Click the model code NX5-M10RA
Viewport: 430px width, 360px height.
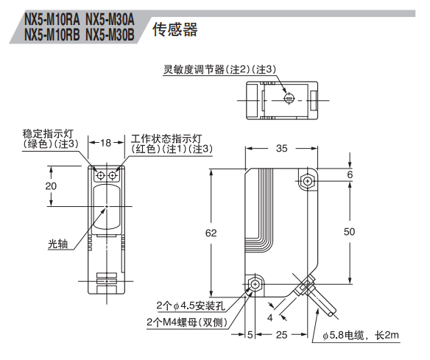pos(52,20)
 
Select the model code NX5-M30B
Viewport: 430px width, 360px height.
pos(110,35)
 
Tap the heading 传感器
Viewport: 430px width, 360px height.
pos(175,29)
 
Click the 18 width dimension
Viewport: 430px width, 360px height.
pos(105,143)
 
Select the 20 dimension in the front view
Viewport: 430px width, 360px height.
pos(51,186)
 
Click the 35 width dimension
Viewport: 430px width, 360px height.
pos(282,148)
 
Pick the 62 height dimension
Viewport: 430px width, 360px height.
pos(211,233)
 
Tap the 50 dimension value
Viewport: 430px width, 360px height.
pos(349,232)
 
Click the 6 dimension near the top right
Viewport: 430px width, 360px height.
pos(350,174)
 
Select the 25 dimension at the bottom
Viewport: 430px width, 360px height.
pos(282,335)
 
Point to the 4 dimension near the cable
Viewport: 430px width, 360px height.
pos(270,318)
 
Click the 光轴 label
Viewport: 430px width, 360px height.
pos(57,244)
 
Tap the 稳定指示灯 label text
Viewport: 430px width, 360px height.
pos(48,134)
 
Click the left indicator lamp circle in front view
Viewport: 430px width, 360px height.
pos(101,175)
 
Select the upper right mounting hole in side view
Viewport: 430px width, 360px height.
pos(308,181)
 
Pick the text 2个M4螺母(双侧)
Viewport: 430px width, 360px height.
pos(187,322)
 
